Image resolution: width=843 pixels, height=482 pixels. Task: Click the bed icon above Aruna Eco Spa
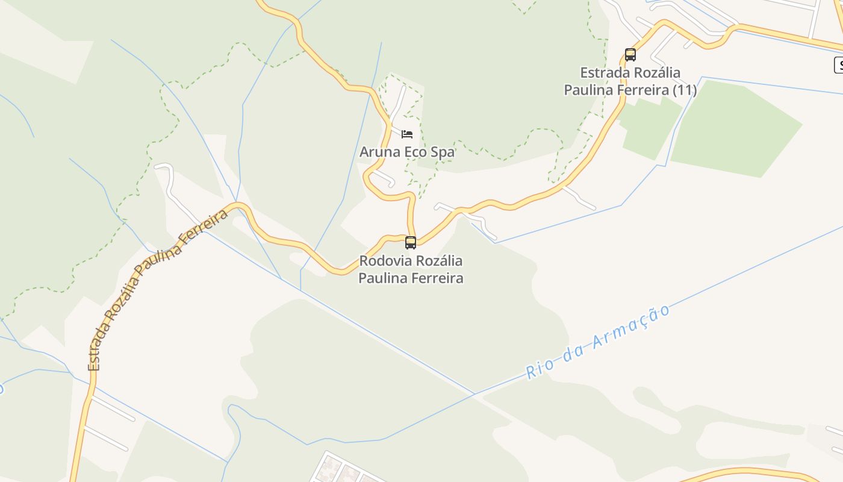point(407,134)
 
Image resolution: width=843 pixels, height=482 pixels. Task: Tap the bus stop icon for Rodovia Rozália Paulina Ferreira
point(411,243)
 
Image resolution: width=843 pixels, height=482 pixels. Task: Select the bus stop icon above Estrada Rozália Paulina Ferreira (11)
point(630,55)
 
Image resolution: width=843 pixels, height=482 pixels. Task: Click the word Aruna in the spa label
point(379,152)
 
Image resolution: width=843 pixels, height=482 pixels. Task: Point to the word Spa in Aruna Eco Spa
point(443,152)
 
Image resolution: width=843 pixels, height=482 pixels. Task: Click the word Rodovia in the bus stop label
point(384,261)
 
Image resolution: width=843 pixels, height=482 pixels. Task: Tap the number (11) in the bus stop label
point(685,90)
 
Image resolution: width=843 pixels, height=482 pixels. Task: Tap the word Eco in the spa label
point(415,152)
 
